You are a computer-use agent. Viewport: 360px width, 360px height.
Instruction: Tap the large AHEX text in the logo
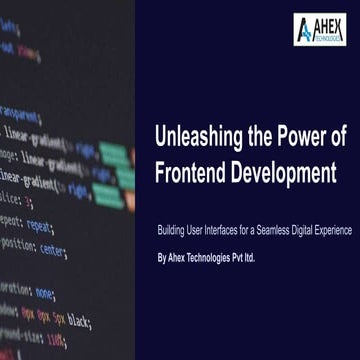coord(329,25)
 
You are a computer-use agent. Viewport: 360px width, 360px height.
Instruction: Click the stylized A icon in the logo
coord(304,30)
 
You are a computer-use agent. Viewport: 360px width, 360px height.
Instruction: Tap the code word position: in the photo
coord(17,243)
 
